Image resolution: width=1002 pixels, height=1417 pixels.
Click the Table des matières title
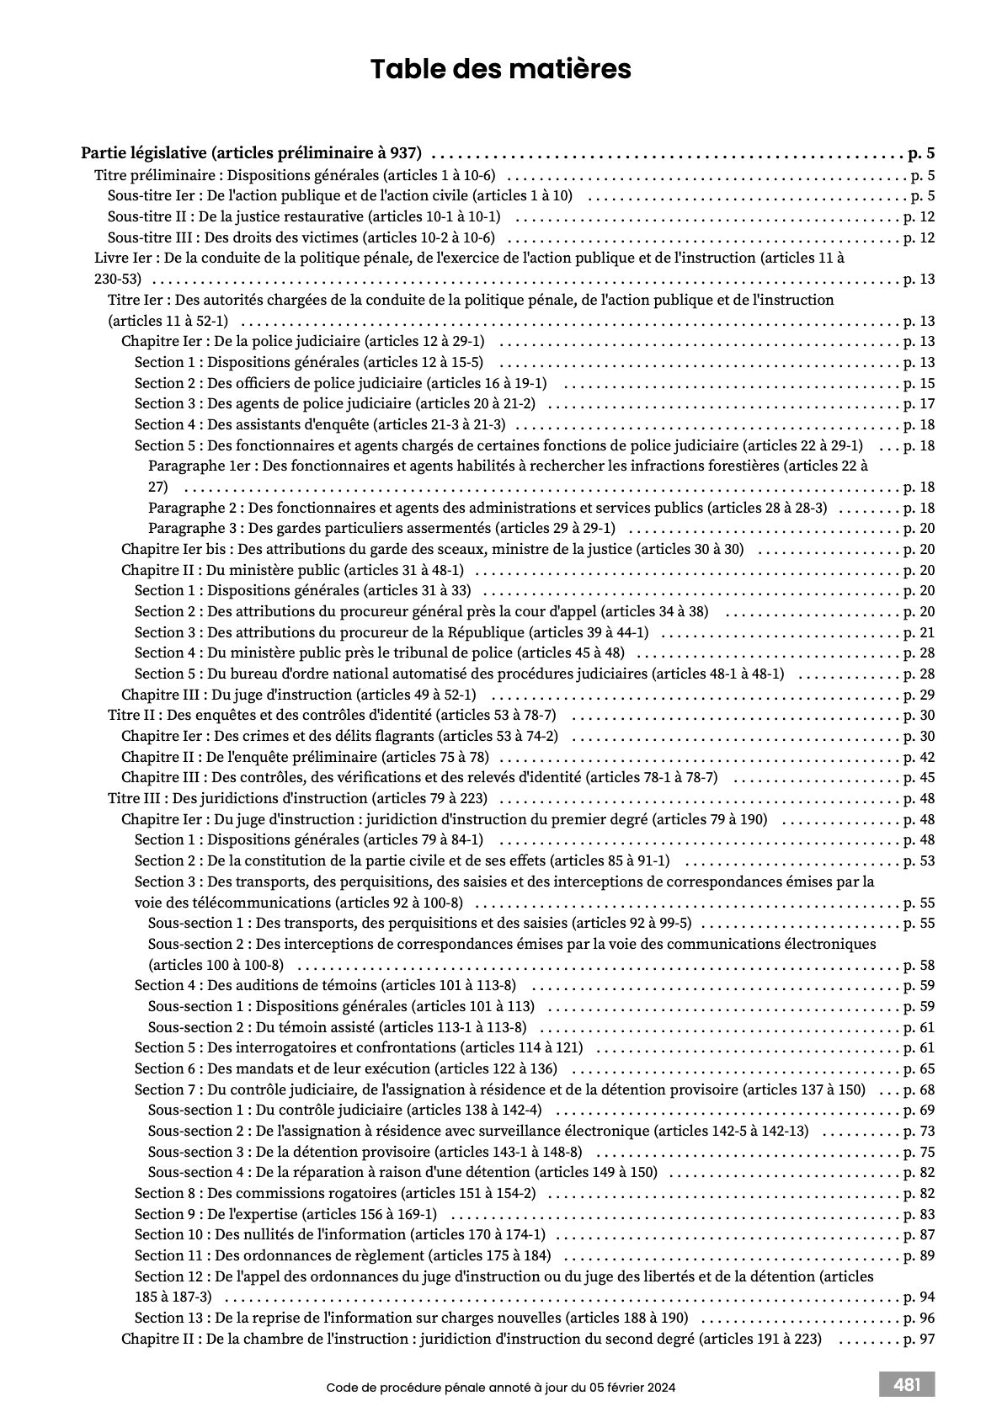500,69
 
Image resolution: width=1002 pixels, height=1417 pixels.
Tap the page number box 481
906,1384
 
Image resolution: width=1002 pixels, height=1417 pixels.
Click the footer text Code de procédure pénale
500,1387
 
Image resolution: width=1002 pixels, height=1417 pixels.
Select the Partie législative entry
251,153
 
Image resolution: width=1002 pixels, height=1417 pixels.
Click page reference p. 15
919,383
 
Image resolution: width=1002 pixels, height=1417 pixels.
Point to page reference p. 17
919,404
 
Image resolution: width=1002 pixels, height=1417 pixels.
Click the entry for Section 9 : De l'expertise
285,1214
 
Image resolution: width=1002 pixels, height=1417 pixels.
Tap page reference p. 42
919,757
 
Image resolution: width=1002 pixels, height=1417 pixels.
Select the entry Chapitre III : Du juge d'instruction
298,695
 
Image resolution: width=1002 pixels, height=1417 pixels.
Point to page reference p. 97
919,1339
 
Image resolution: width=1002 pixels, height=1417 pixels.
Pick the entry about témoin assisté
337,1027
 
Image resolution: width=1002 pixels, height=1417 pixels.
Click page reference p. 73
919,1131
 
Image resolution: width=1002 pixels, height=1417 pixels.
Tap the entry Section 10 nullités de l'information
339,1234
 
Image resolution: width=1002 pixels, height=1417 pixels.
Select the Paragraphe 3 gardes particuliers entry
381,529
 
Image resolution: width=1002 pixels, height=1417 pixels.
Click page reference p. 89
919,1255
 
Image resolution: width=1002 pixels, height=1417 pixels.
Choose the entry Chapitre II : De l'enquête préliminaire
305,757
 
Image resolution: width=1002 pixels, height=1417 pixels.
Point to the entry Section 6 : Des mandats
345,1068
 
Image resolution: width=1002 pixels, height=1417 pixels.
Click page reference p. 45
919,777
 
